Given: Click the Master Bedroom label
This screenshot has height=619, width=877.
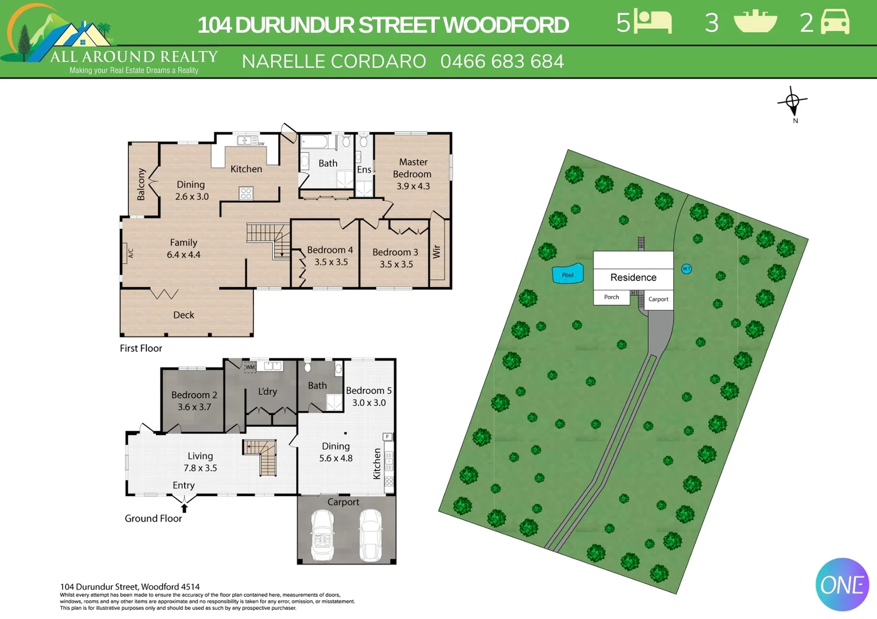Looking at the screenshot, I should click(412, 168).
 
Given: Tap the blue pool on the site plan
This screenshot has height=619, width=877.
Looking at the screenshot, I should click(567, 274).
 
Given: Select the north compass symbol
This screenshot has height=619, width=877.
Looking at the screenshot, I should click(793, 103).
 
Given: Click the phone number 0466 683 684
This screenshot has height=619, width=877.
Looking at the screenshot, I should click(502, 61).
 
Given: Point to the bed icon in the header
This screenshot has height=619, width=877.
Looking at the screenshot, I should click(653, 22).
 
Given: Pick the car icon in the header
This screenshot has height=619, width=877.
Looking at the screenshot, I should click(835, 22).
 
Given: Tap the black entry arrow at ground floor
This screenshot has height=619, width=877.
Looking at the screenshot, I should click(184, 508).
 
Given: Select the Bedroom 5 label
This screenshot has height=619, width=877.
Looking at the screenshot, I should click(369, 391).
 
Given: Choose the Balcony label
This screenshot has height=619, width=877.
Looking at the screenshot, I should click(141, 184).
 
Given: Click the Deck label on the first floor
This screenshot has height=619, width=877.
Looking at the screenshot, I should click(184, 315).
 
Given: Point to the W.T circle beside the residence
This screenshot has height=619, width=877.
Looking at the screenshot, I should click(686, 269).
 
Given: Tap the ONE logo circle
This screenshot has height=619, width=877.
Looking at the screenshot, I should click(841, 585).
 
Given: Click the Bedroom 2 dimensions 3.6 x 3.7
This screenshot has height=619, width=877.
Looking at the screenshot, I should click(194, 407).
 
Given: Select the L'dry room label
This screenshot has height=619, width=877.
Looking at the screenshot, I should click(267, 391).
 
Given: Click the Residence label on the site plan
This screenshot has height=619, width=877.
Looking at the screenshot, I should click(633, 277).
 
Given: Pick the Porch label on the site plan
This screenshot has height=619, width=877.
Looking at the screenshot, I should click(611, 297).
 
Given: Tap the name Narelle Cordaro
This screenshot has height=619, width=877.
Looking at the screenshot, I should click(334, 61).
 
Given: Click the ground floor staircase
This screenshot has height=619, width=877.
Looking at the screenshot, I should click(262, 456).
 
